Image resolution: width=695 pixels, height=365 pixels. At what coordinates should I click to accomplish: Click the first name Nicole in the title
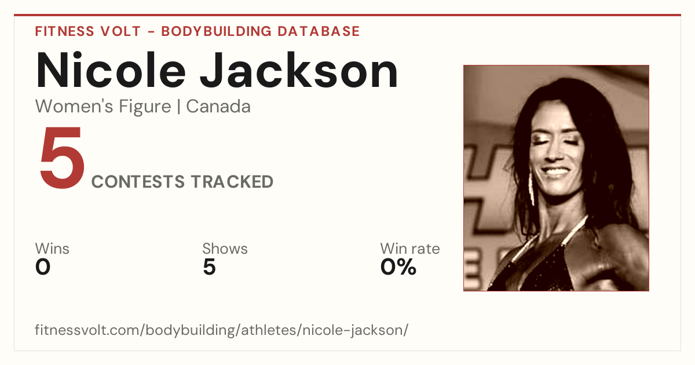(x=111, y=70)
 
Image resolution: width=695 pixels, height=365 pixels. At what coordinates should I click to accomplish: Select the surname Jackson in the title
(x=299, y=70)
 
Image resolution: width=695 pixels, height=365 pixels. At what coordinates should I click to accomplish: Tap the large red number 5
(x=63, y=158)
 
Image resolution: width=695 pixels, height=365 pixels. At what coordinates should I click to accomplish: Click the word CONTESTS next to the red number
(x=138, y=182)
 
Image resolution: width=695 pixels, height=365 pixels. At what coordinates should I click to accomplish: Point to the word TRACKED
(x=232, y=182)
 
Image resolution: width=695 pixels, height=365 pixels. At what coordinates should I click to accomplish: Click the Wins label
(x=52, y=249)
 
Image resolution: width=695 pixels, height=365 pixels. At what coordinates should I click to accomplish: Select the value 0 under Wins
(x=43, y=267)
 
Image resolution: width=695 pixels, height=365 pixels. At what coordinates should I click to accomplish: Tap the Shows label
(x=225, y=249)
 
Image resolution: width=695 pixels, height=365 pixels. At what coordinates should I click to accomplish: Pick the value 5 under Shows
(x=210, y=267)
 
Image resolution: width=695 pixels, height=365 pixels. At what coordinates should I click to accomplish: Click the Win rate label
(x=410, y=249)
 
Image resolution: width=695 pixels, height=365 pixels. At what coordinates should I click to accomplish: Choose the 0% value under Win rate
(x=398, y=267)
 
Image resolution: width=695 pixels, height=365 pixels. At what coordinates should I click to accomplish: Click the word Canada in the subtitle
(x=218, y=107)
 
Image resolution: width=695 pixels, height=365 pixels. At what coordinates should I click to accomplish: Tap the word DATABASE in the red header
(x=319, y=31)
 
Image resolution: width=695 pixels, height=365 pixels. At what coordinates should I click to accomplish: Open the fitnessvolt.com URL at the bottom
(x=221, y=330)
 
